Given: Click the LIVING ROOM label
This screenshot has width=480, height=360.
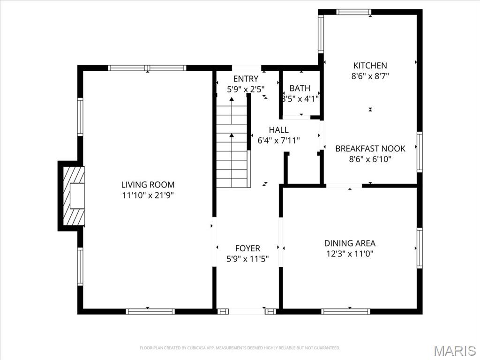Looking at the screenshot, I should pos(148,185).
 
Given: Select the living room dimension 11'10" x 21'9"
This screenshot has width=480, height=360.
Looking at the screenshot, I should pos(148,195).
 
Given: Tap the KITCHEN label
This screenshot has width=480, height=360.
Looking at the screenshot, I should pos(370,66).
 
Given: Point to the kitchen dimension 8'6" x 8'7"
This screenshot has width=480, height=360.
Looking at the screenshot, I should pos(370,76).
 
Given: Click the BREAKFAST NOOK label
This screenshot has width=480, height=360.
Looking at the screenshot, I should pos(370,149).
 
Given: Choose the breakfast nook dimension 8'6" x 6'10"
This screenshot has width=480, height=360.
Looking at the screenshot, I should pos(370,159).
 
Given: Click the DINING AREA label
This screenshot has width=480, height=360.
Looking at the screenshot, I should pos(350,243).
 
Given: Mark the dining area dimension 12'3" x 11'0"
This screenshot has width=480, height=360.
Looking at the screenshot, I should pos(350,254).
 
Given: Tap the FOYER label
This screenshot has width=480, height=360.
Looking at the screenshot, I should pos(247,248).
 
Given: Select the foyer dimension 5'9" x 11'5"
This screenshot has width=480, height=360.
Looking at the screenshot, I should pos(247,259).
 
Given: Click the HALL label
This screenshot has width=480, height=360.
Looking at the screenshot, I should pos(278,130).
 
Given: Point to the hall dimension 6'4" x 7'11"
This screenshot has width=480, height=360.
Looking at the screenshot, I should pos(278,140).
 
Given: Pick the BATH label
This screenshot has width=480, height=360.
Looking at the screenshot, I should pos(300,88).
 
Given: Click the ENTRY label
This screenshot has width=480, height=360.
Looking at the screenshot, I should pos(246,79).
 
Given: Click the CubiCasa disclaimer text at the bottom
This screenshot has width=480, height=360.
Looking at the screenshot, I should pos(240,348).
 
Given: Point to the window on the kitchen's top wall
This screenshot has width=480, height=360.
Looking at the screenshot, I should pos(354,12).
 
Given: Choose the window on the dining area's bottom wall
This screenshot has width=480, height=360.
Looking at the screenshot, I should pos(345,311).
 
